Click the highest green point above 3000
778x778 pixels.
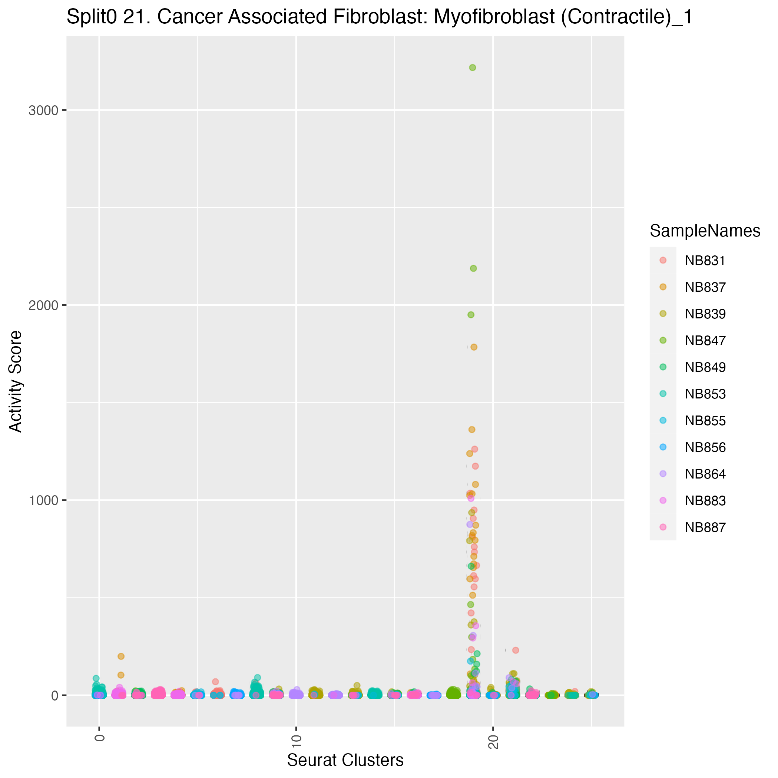click(x=472, y=68)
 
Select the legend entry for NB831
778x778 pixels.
click(x=705, y=261)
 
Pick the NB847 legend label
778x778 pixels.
click(x=705, y=341)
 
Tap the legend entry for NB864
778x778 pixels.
click(x=705, y=474)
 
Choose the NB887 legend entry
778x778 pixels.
click(x=705, y=527)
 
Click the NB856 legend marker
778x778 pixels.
click(x=663, y=447)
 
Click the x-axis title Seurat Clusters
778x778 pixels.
click(x=345, y=760)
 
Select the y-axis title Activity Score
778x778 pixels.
click(x=16, y=381)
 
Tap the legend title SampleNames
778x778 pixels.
click(x=705, y=231)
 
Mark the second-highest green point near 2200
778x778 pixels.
click(x=473, y=268)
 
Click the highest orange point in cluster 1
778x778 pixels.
click(x=121, y=656)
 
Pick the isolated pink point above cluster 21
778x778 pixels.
click(x=516, y=650)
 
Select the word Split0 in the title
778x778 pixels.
click(x=92, y=18)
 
